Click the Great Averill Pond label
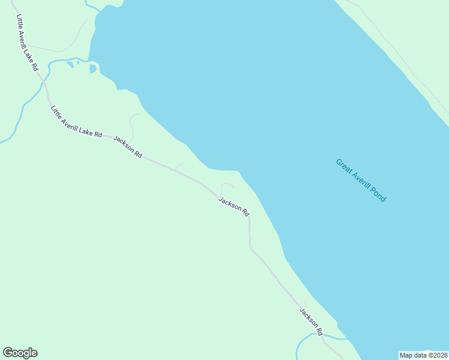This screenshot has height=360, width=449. click(360, 180)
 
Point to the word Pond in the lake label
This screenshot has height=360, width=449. click(378, 195)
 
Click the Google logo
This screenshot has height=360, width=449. click(20, 353)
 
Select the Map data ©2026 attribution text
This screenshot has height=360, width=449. click(424, 355)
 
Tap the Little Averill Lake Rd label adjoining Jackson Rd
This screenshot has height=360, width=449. click(76, 122)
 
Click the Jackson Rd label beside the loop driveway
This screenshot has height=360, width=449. click(234, 207)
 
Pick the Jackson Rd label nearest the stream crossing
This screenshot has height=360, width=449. click(312, 322)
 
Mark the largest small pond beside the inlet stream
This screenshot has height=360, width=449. click(92, 69)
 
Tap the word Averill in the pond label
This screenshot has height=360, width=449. click(359, 179)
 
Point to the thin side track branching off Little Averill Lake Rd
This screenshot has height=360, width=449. click(66, 48)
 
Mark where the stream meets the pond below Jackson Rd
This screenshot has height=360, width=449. click(347, 339)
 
